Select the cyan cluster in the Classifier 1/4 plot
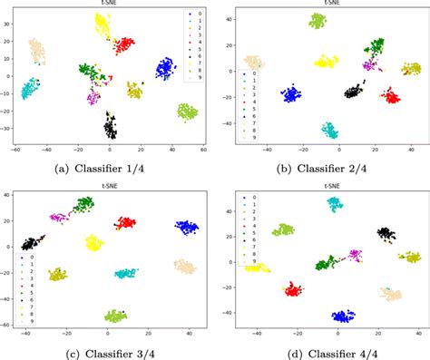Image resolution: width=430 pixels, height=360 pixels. pos(31,89)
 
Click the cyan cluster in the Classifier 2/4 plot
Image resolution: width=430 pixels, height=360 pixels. pos(330,130)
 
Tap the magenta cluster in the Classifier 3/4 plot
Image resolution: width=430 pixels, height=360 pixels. pos(60,218)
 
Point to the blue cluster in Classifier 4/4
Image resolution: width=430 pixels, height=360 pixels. pos(343,316)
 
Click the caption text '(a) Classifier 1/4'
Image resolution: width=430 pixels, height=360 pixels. pos(106,167)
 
